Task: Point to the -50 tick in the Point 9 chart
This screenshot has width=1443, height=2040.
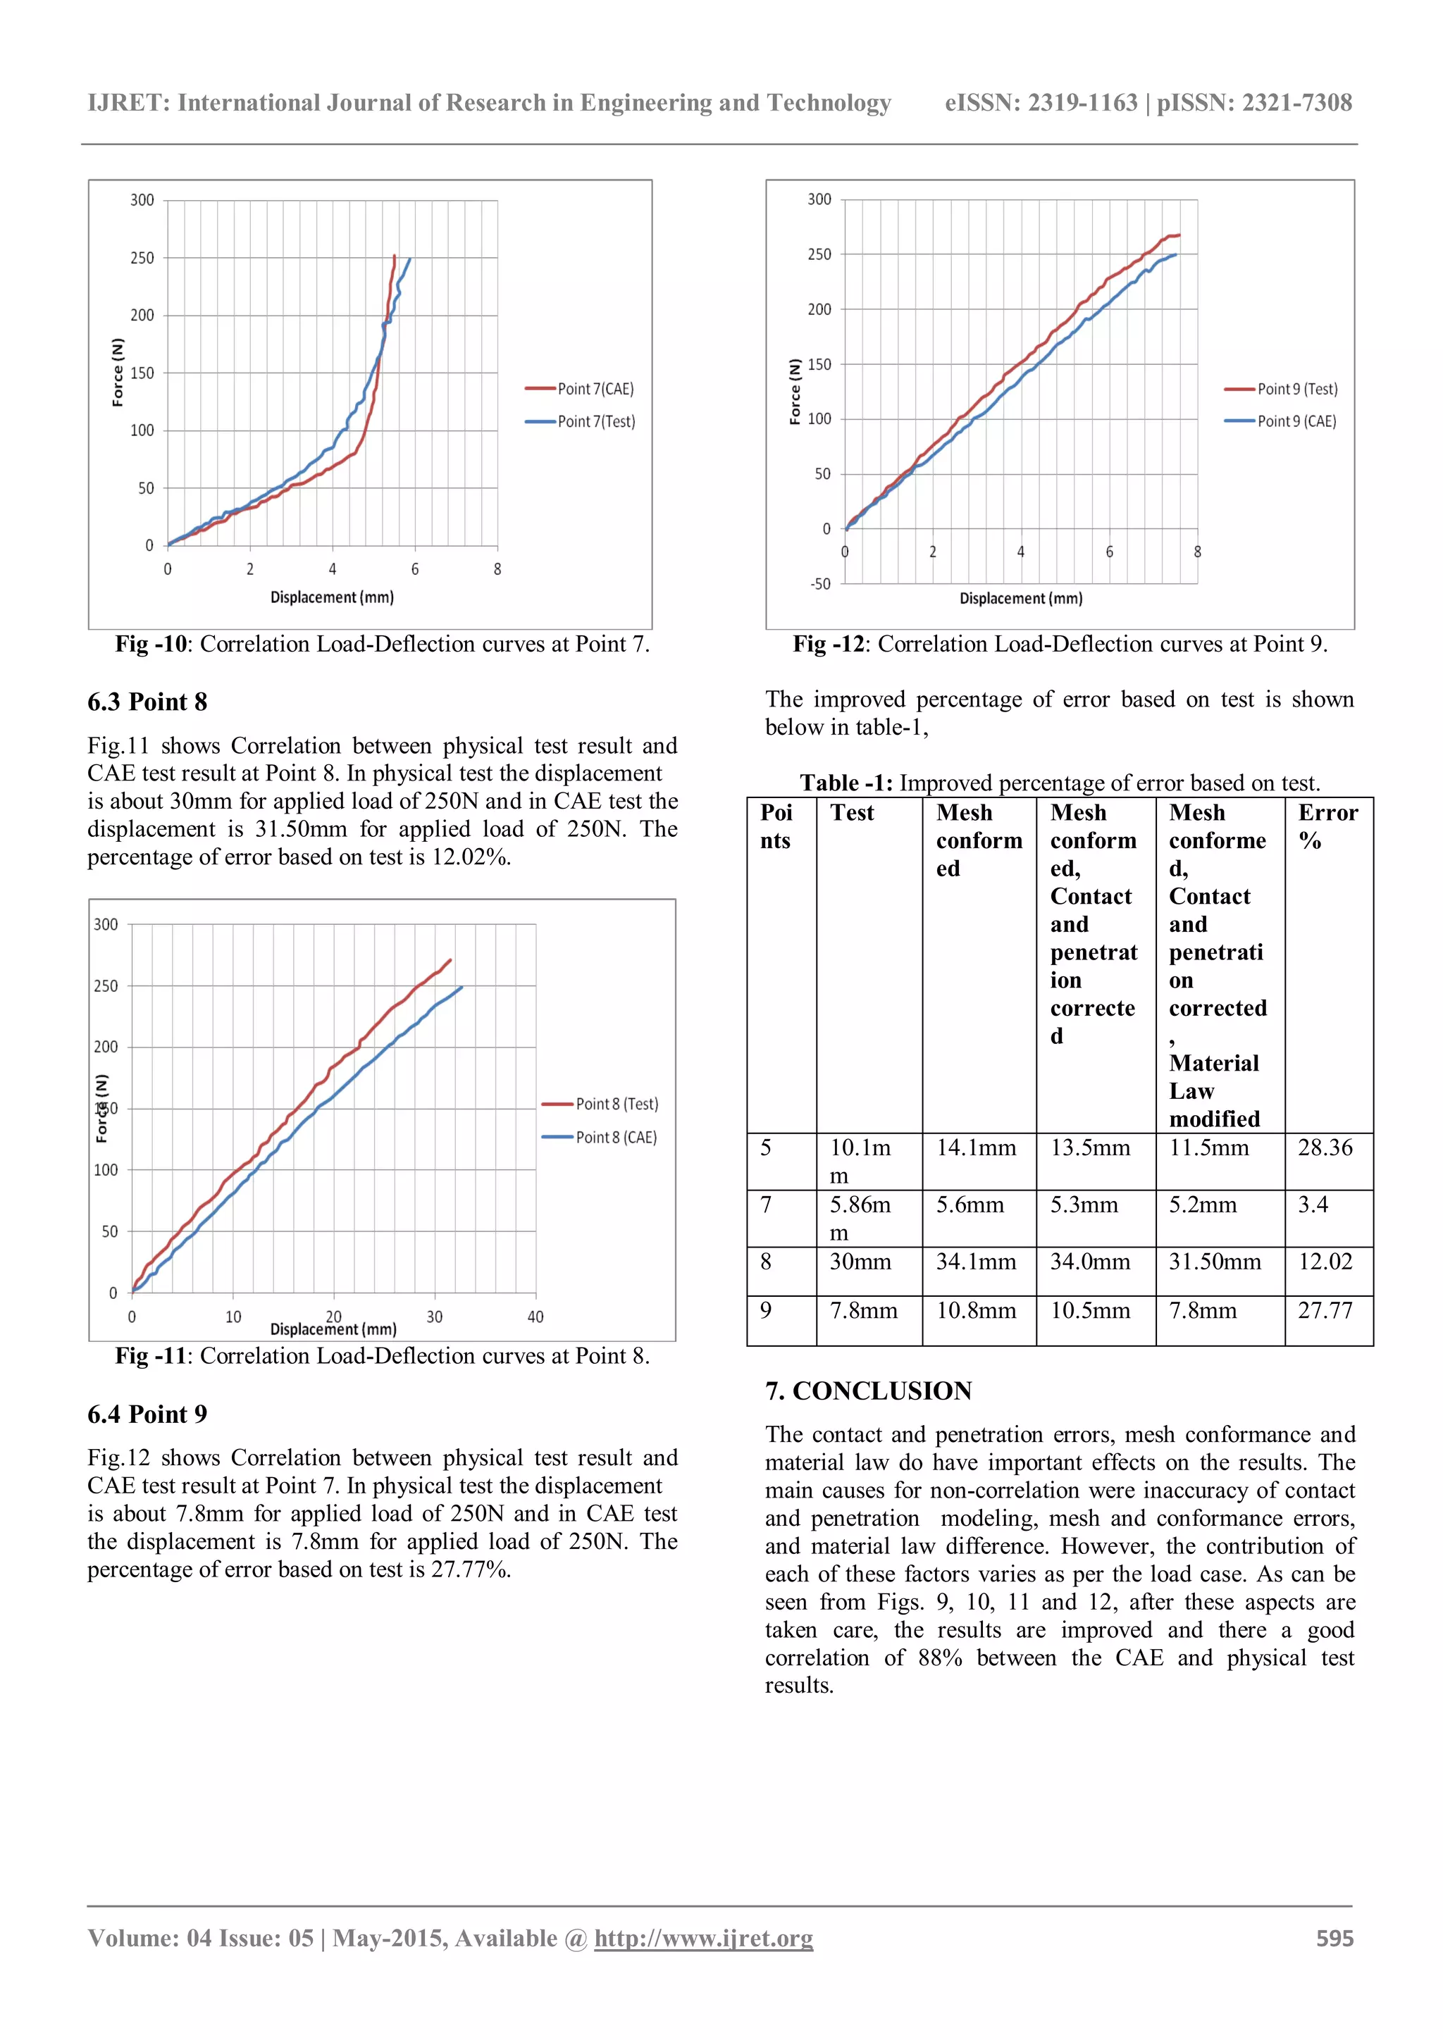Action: coord(819,584)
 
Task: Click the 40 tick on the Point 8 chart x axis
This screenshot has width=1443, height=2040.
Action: coord(535,1317)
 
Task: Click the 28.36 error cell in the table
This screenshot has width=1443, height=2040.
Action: coord(1325,1148)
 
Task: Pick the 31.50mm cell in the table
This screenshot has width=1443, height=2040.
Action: coord(1214,1262)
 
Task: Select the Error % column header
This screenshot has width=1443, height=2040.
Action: coord(1327,826)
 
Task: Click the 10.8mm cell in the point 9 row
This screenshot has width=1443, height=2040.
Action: coord(976,1310)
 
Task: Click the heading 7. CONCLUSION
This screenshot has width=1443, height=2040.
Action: coord(868,1391)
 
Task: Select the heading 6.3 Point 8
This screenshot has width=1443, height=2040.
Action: coord(147,702)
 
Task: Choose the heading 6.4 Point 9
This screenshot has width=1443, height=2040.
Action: coord(147,1414)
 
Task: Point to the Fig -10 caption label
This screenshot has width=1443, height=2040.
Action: coord(151,644)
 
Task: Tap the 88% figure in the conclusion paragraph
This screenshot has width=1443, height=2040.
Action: coord(940,1658)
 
